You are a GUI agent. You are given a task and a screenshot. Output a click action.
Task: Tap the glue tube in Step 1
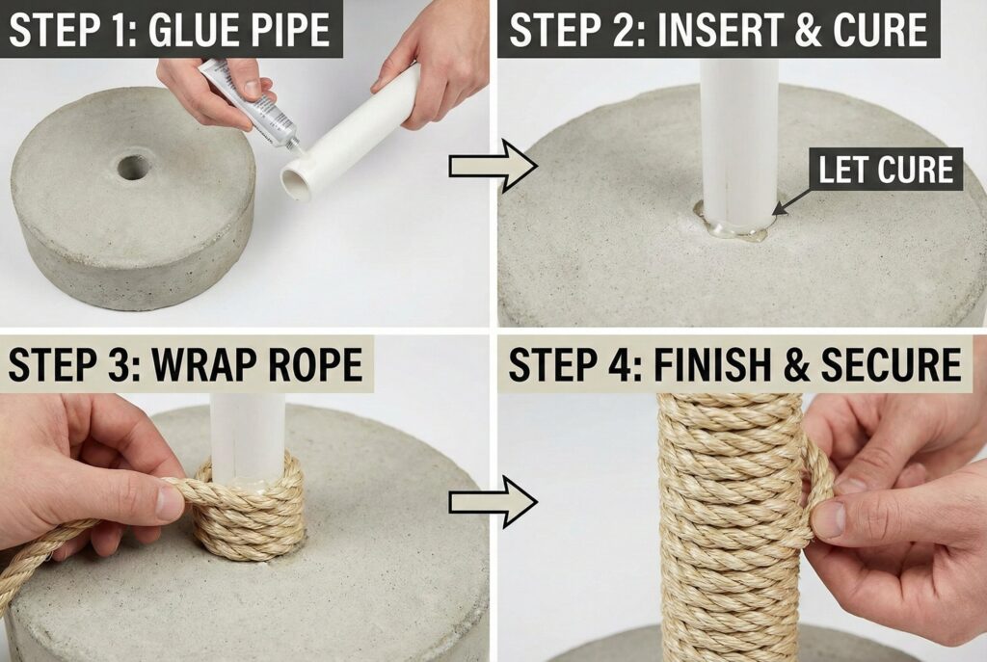click(250, 103)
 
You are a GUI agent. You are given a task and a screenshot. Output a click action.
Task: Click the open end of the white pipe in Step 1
click(297, 182)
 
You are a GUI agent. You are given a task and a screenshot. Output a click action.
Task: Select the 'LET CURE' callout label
click(886, 170)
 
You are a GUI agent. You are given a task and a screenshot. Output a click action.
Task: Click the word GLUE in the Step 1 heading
click(186, 30)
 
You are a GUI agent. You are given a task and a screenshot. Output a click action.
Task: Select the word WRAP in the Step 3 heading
click(204, 363)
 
